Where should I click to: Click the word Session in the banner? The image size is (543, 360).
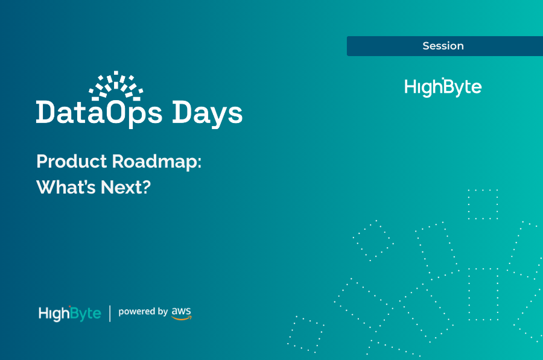click(x=443, y=46)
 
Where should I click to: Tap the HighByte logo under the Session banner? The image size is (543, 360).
click(x=443, y=87)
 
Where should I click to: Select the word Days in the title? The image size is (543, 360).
click(x=208, y=113)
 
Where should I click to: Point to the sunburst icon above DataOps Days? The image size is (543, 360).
click(x=116, y=85)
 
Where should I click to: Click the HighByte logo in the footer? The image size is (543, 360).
click(x=69, y=314)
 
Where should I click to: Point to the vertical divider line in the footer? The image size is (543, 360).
click(x=110, y=314)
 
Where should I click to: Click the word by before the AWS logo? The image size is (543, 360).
click(x=161, y=312)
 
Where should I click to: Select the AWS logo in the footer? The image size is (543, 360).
click(x=181, y=313)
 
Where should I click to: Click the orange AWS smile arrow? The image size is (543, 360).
click(x=182, y=318)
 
